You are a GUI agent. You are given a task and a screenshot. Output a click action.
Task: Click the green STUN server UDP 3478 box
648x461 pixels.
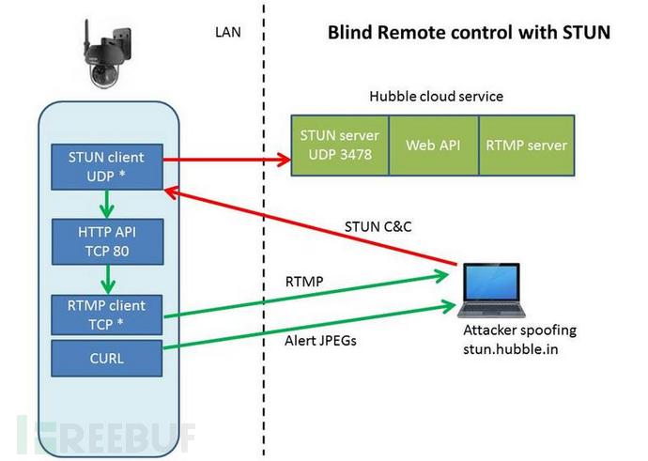[x=337, y=145]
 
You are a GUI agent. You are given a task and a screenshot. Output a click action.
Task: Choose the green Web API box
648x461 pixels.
[x=431, y=145]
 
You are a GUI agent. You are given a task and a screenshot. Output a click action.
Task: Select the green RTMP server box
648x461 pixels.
[x=525, y=145]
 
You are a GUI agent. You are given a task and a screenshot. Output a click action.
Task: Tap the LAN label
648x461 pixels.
[x=228, y=32]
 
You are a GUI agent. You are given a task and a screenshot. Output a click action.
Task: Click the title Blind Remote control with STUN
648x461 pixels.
[x=469, y=33]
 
